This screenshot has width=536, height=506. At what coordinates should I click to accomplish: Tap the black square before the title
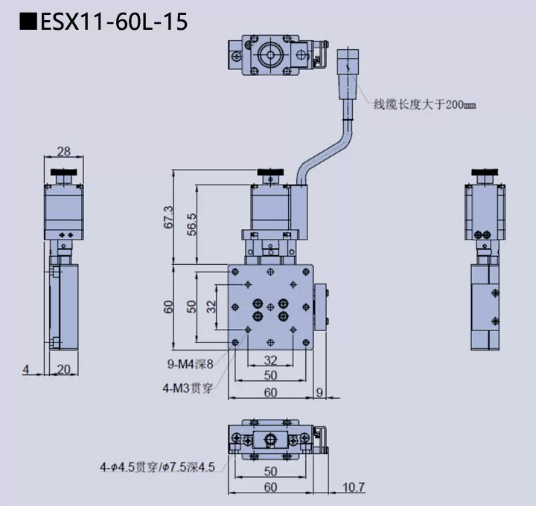tap(28, 22)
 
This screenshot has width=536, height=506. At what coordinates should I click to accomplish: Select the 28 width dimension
tap(63, 152)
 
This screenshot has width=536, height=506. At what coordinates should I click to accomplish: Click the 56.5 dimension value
tap(191, 223)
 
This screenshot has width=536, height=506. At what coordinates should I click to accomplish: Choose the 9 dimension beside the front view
tap(319, 392)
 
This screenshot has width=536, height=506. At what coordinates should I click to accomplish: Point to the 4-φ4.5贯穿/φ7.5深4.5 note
tap(158, 467)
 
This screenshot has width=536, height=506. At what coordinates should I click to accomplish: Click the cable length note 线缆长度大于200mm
tap(424, 105)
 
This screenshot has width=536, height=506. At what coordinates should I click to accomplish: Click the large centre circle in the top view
tap(268, 55)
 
